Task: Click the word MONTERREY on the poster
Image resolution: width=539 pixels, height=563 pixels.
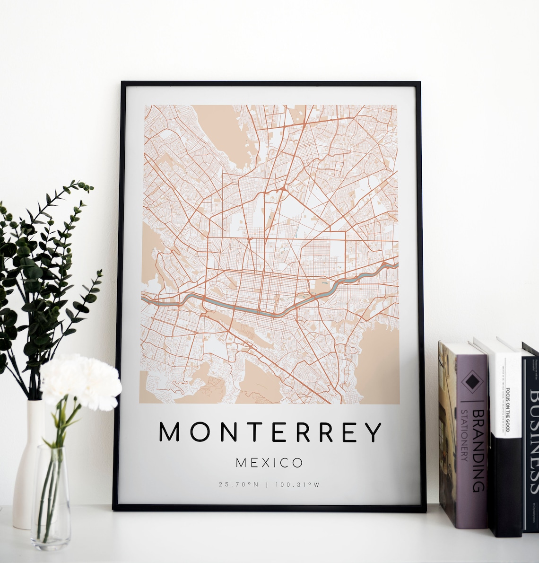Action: [269, 431]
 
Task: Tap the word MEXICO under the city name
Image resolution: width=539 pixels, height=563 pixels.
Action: [269, 462]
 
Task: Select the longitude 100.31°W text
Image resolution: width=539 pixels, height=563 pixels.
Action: [299, 484]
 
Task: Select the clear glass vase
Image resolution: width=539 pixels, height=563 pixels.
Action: [51, 497]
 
